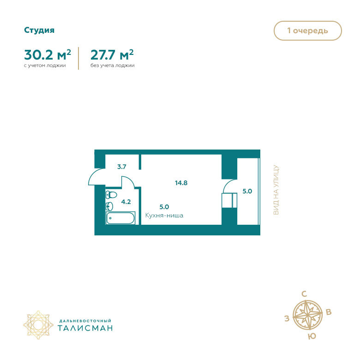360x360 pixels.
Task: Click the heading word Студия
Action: [39, 30]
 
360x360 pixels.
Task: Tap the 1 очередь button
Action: [307, 31]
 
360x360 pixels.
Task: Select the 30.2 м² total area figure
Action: [48, 55]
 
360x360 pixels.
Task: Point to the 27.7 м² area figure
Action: [112, 55]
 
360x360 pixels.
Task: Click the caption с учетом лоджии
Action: [45, 66]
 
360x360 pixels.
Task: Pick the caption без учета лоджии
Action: [112, 66]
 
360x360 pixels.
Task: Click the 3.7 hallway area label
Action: [122, 167]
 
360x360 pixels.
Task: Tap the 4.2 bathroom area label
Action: [126, 201]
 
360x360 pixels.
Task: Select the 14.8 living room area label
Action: [181, 182]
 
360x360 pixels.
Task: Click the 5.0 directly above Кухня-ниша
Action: [164, 207]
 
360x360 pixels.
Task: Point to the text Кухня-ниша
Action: [164, 215]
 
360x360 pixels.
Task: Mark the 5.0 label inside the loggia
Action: [247, 191]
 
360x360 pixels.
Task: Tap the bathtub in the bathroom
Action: [120, 218]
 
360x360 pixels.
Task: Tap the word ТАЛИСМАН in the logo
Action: [85, 328]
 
